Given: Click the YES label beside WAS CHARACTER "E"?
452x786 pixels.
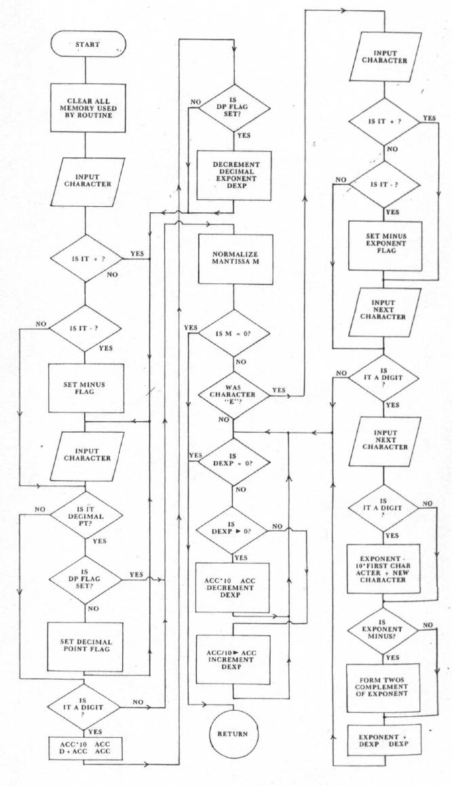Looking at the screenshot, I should click(x=279, y=391).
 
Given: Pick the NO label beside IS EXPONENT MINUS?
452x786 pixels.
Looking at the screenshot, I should click(x=428, y=624).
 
